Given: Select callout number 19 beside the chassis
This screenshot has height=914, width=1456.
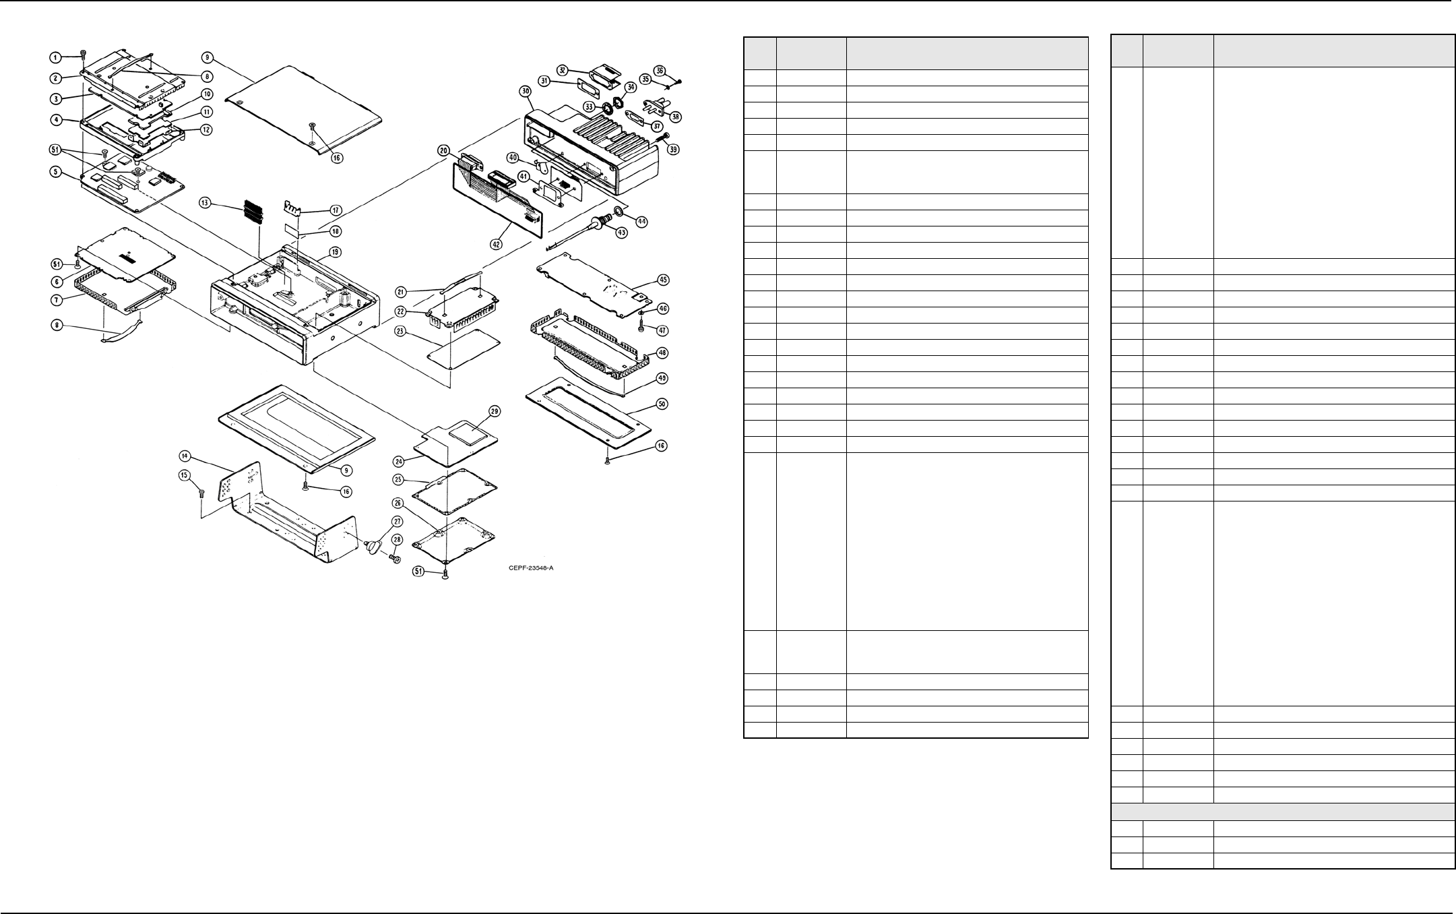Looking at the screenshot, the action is click(335, 252).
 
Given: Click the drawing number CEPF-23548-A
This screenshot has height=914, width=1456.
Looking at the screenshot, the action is click(531, 568).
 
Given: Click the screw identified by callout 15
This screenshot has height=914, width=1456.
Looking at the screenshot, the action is click(201, 494).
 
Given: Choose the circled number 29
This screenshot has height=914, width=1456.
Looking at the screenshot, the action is click(494, 411).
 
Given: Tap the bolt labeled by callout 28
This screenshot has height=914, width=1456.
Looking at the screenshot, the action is click(394, 559).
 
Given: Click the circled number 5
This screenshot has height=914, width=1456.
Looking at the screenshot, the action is click(58, 172).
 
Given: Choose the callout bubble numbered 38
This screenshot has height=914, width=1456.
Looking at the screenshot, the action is click(675, 116).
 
